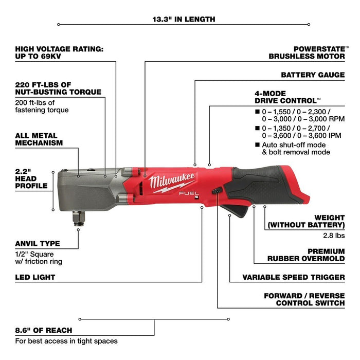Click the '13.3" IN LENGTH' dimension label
click(x=184, y=20)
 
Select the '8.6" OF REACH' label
click(x=44, y=330)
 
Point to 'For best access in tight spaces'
click(x=66, y=341)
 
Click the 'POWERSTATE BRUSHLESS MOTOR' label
click(x=307, y=52)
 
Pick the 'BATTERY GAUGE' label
click(x=313, y=75)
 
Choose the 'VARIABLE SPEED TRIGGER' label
click(x=294, y=277)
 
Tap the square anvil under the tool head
click(x=79, y=211)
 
